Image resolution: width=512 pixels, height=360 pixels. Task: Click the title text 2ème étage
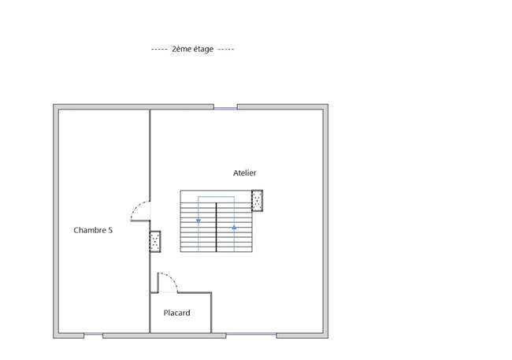point(193,49)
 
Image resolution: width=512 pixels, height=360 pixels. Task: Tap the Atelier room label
point(244,173)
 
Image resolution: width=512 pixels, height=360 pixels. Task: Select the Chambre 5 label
point(93,230)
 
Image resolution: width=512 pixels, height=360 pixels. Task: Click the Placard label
point(176,313)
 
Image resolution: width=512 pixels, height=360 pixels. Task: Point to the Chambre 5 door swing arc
point(135,207)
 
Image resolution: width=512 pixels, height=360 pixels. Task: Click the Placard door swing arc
point(173,278)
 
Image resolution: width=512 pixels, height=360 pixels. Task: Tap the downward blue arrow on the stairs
point(198,221)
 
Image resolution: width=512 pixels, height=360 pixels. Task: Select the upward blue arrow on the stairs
point(234,228)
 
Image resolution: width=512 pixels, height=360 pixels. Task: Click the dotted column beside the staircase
point(258,201)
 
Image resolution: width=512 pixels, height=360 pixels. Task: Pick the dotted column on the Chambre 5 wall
point(155,241)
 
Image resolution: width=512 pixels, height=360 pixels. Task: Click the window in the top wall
point(225,107)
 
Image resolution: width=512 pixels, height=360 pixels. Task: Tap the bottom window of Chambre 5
point(94,335)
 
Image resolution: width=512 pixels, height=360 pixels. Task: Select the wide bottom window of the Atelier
point(251,334)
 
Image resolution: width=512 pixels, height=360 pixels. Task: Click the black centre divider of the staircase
point(216,227)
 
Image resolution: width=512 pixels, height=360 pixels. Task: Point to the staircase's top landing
point(216,196)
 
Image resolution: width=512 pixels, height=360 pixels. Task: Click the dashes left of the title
point(159,50)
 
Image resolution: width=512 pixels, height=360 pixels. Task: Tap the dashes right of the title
point(226,50)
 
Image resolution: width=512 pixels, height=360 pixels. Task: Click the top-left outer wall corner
point(54,105)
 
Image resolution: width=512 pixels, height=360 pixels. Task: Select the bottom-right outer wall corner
point(328,337)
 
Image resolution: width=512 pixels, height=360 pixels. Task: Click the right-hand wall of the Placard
point(211,313)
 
